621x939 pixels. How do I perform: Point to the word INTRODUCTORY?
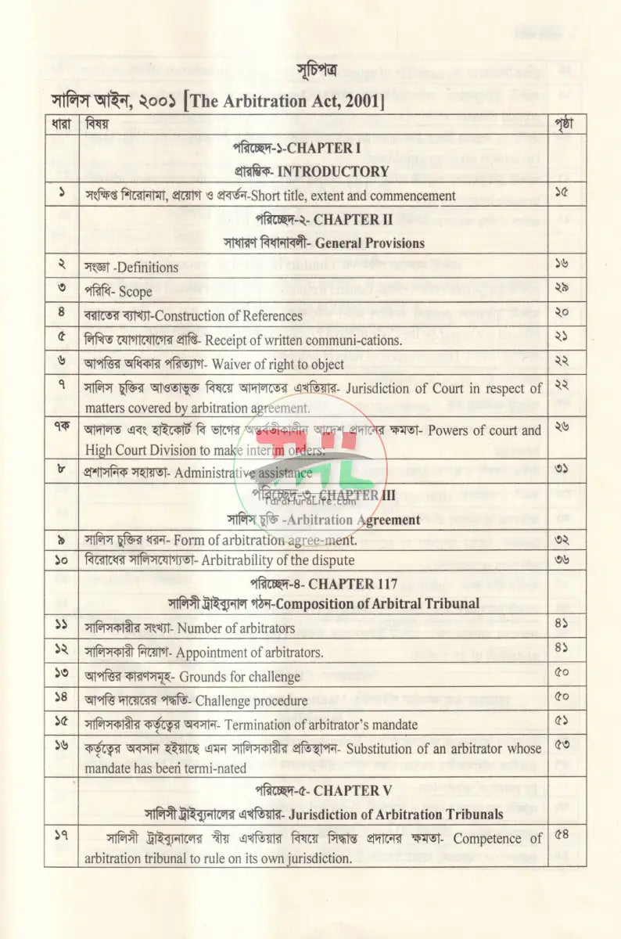333,171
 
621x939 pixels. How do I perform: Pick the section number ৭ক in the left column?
62,430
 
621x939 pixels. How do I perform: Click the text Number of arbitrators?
235,628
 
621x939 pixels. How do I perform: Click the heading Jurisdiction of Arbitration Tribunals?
396,815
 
